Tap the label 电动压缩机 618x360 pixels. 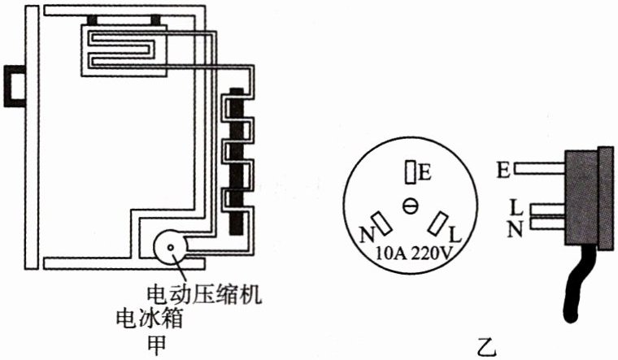coord(203,293)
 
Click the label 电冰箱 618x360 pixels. coord(148,317)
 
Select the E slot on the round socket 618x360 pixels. coord(411,171)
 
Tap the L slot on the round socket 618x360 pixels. coord(439,222)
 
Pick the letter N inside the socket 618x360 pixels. coord(364,232)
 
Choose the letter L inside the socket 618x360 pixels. coord(455,234)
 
